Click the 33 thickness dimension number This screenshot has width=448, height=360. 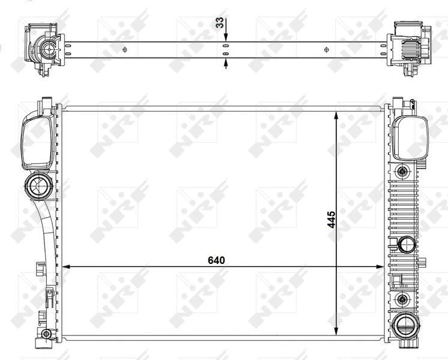click(x=220, y=23)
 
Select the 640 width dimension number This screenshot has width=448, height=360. click(x=216, y=260)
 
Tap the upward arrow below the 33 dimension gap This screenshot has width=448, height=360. click(x=226, y=61)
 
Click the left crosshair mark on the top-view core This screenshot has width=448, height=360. click(x=125, y=49)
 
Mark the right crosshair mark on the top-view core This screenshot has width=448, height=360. click(x=326, y=49)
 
